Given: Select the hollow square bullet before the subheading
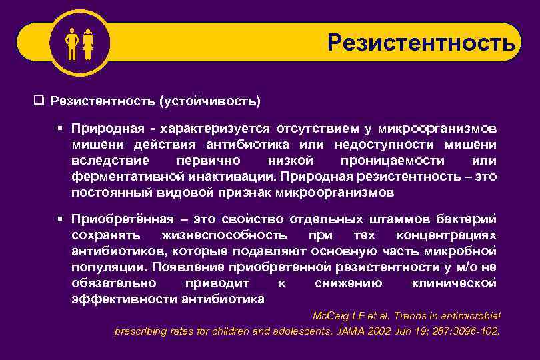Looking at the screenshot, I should point(38,101).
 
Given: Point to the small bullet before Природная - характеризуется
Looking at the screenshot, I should point(60,127).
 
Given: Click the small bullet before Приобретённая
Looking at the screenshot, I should point(60,219).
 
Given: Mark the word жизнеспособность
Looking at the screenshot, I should point(224,235).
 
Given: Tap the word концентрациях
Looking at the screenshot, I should point(446,235).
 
